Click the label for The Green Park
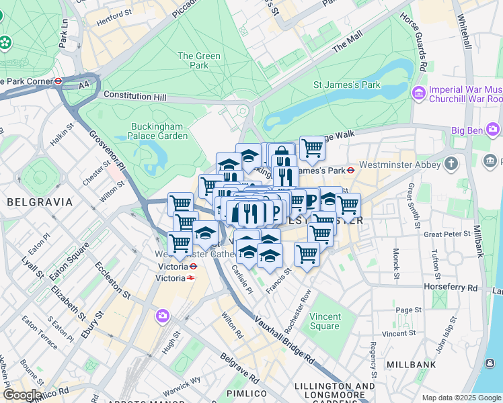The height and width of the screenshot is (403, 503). (198, 61)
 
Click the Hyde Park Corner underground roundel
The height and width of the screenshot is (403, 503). (59, 81)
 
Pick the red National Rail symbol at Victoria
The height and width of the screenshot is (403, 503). (192, 277)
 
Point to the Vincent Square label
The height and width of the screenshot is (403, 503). (325, 321)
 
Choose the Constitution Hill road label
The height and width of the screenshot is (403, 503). (134, 97)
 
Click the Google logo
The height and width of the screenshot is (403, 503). (22, 395)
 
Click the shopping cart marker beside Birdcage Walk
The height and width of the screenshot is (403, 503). (311, 148)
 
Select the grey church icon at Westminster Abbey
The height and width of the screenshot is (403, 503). (451, 163)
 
